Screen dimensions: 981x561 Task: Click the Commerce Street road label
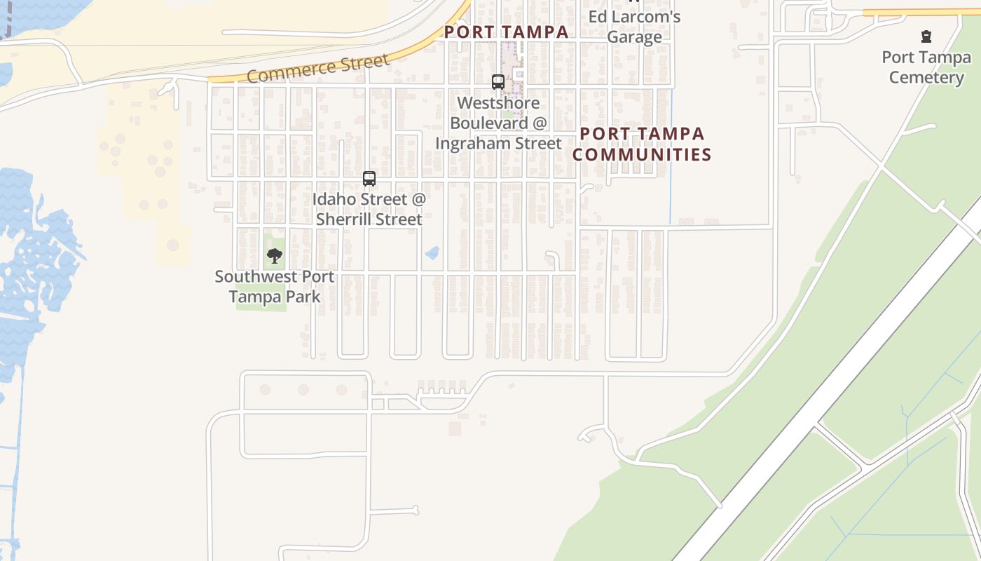click(317, 68)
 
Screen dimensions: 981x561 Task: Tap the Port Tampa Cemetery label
click(926, 67)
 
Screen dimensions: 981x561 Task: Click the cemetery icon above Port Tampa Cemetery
click(926, 36)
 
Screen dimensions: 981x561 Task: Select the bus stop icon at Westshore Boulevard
click(498, 82)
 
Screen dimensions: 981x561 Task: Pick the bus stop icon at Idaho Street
click(369, 179)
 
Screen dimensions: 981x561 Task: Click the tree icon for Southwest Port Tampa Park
click(275, 256)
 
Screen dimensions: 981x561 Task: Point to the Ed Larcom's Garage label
click(634, 27)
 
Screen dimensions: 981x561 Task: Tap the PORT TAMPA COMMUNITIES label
click(642, 144)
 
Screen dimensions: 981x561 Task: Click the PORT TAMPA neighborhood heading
click(506, 32)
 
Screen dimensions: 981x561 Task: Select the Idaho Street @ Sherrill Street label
click(369, 209)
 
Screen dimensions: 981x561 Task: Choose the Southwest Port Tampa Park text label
click(275, 286)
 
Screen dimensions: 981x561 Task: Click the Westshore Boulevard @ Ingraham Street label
click(498, 123)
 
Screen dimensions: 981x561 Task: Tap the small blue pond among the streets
click(432, 252)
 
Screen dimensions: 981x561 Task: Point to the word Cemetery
click(926, 77)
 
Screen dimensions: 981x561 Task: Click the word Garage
click(634, 36)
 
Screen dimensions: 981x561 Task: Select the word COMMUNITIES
click(642, 154)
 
